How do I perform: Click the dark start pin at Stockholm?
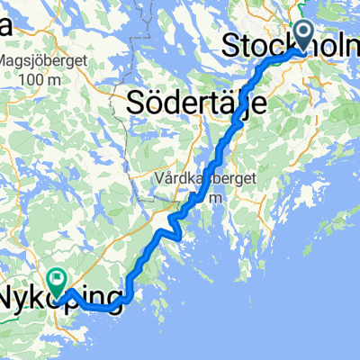pyautogui.click(x=301, y=35)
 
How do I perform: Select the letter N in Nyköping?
pyautogui.click(x=11, y=295)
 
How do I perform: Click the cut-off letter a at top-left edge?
pyautogui.click(x=4, y=28)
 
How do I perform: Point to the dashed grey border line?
pyautogui.click(x=139, y=54)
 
